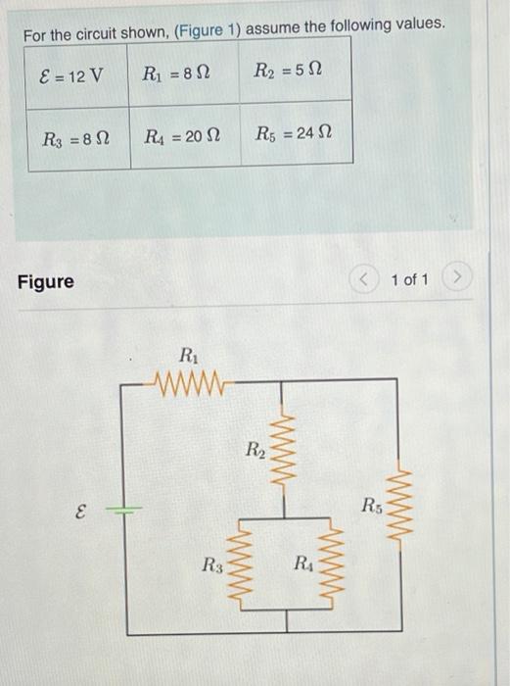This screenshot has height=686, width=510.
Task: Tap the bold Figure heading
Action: pyautogui.click(x=45, y=282)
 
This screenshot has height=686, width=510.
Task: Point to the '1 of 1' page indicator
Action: pyautogui.click(x=409, y=280)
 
